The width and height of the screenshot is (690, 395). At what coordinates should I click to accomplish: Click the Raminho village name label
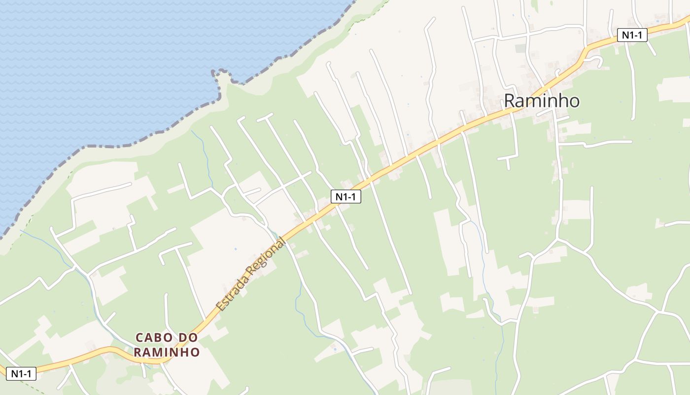(541, 101)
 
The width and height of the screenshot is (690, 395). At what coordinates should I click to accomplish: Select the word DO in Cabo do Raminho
(188, 338)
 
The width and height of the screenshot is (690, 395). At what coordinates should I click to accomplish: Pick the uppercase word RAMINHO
(167, 352)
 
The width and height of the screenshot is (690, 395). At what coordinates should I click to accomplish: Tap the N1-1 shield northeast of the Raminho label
(632, 35)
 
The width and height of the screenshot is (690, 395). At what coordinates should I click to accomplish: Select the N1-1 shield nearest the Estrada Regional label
(345, 197)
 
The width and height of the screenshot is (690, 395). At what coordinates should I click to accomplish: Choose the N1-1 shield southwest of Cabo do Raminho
(21, 374)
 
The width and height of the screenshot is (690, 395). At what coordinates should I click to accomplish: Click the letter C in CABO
(139, 338)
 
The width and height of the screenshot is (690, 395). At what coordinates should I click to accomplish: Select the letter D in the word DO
(182, 338)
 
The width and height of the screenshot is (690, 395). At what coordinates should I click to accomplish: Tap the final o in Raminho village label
(573, 102)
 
